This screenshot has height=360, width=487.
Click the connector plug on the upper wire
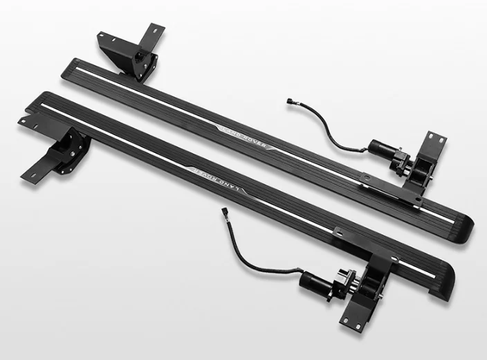(289, 101)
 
